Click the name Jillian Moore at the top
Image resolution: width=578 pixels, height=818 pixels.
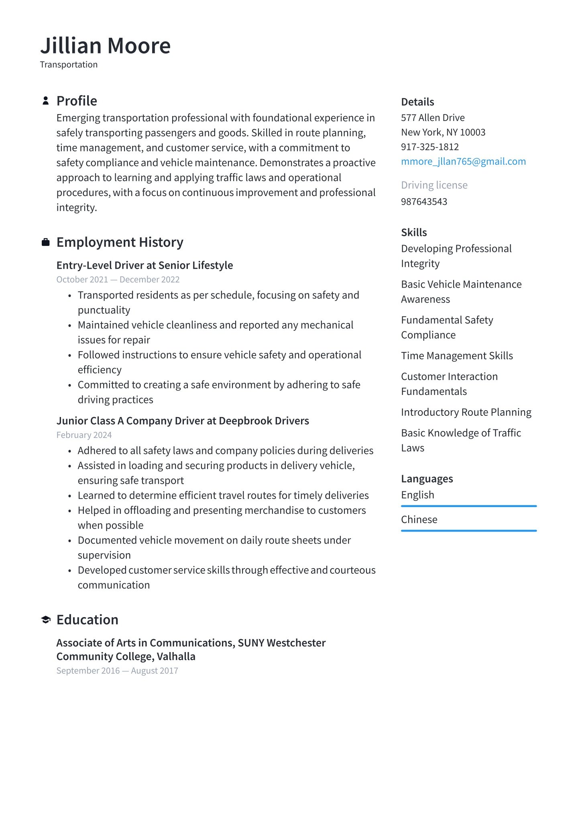[105, 45]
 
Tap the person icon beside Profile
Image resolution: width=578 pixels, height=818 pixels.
[46, 101]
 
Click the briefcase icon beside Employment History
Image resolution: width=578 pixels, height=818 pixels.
[46, 242]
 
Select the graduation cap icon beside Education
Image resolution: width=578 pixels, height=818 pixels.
[46, 620]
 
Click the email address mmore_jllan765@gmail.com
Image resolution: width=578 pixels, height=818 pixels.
[463, 162]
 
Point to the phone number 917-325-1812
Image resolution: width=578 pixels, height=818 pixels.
[429, 147]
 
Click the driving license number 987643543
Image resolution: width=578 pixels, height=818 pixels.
[424, 202]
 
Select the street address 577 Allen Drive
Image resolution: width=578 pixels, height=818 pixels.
[433, 118]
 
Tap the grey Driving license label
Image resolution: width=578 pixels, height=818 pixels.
[434, 185]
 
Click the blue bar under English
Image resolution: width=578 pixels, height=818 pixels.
[468, 506]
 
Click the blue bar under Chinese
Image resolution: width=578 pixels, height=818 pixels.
[468, 531]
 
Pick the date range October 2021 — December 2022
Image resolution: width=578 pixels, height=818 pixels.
[118, 280]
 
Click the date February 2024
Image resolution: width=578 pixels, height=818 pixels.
[84, 435]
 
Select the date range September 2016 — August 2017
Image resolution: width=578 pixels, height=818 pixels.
[117, 671]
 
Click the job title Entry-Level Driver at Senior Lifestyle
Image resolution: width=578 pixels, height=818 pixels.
[144, 266]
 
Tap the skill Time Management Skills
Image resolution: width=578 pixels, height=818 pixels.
[457, 356]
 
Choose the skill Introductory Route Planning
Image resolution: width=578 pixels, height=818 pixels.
[466, 412]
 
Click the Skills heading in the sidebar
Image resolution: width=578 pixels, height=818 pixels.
[414, 233]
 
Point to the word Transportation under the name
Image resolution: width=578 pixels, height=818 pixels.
[69, 65]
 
